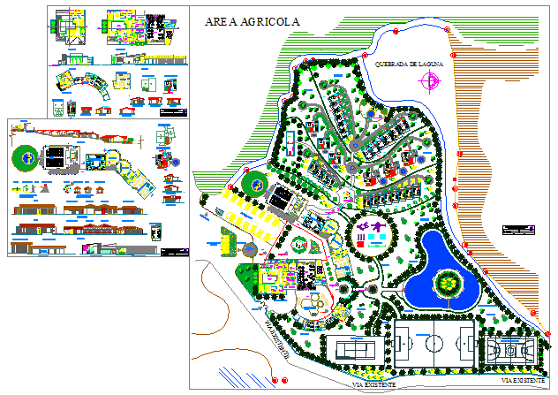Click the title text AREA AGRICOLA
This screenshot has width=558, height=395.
[x=252, y=20]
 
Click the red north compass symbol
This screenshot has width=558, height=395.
[x=430, y=82]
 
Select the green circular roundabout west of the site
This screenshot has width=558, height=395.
[x=256, y=184]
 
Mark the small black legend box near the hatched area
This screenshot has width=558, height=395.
[x=517, y=230]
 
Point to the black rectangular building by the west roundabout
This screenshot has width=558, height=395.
[x=284, y=198]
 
